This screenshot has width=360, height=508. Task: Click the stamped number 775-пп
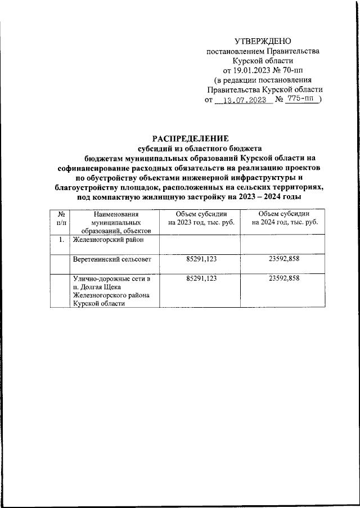299,100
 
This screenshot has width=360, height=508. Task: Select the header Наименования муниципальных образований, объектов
112,223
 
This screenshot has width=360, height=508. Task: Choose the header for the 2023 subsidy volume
200,219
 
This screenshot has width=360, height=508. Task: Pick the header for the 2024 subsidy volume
284,219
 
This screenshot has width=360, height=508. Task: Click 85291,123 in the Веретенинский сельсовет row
200,259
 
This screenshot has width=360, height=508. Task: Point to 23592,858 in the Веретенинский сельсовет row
284,259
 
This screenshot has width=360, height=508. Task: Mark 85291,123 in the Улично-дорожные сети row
200,278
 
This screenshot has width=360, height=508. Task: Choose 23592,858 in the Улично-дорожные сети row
284,278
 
